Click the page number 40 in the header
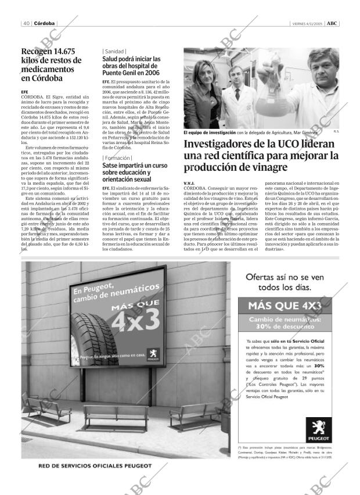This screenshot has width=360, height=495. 27,23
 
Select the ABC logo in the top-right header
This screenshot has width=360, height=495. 332,23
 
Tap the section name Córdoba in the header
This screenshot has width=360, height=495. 45,23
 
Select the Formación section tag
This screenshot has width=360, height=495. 117,158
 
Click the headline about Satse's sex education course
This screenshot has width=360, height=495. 135,173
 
